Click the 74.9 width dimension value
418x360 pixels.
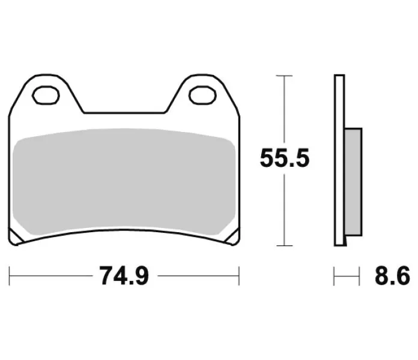click(124, 276)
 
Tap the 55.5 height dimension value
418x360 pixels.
click(285, 158)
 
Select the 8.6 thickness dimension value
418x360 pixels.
click(392, 276)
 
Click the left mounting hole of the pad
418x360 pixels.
click(46, 95)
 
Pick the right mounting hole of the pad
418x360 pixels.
click(202, 95)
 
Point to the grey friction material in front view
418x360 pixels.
click(124, 182)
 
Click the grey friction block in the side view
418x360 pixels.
click(353, 182)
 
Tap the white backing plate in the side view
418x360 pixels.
click(339, 160)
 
